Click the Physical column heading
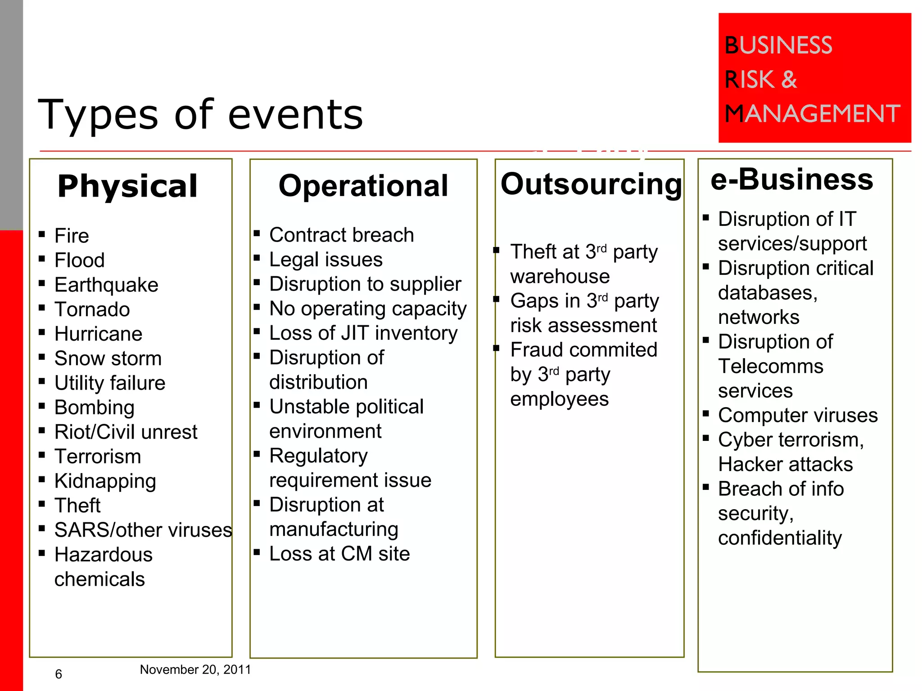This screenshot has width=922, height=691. point(127,186)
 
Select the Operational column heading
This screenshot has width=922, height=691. point(363,186)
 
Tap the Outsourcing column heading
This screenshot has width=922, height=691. point(591,184)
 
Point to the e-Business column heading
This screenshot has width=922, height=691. point(792,179)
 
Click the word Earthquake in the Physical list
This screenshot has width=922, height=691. point(106,285)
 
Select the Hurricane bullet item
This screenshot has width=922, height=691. point(98,334)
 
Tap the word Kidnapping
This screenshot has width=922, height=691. point(105,481)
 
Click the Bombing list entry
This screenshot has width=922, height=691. point(95,408)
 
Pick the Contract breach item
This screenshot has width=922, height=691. point(341,235)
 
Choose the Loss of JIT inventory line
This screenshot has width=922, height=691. point(363,333)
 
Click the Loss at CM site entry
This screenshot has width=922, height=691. point(339,554)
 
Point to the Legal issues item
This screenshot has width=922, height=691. point(326,260)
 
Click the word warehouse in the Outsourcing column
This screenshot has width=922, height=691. point(560,276)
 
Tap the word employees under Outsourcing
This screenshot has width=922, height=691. point(560,399)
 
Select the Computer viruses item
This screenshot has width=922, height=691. point(798,415)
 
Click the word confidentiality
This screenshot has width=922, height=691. point(780,538)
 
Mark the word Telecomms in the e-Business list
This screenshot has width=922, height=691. point(771,366)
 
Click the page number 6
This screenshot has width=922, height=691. point(59,674)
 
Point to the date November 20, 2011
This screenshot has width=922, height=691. point(195,670)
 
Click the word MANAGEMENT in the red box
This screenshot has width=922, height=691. point(812,113)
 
